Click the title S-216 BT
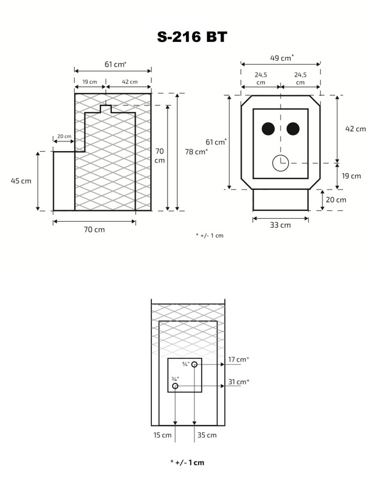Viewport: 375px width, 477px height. [192, 37]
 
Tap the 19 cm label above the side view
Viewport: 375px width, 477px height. [90, 81]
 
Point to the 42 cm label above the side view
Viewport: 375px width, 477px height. [129, 81]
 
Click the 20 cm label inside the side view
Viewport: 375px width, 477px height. [64, 137]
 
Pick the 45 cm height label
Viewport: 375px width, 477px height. [21, 180]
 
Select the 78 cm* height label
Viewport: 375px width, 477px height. [197, 152]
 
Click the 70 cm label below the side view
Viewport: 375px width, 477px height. [94, 230]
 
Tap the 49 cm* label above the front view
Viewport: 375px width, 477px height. [282, 58]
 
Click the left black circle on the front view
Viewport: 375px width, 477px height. [268, 129]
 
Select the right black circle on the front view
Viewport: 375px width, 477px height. [293, 129]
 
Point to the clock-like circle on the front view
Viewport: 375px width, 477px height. [280, 163]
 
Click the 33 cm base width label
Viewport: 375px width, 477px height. [280, 225]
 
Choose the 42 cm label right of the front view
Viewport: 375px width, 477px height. [356, 129]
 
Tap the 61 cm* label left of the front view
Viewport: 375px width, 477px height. [216, 142]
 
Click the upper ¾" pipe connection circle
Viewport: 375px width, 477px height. [194, 364]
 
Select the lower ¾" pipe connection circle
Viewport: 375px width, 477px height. [175, 386]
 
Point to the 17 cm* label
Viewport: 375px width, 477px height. [238, 360]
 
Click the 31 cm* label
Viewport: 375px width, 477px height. [238, 382]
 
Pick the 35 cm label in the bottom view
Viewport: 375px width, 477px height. [207, 434]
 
